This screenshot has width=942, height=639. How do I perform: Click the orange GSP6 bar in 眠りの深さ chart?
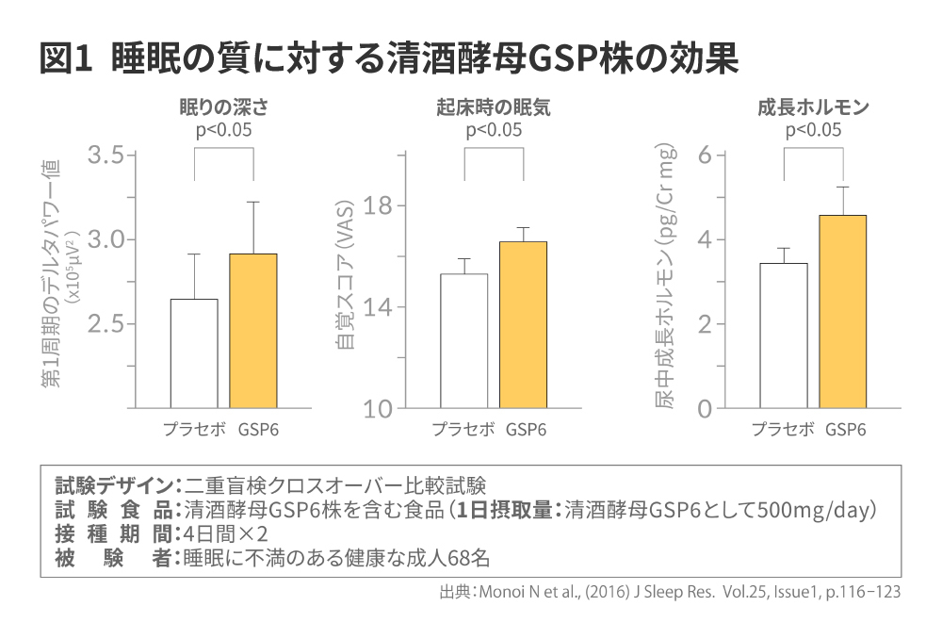[253, 331]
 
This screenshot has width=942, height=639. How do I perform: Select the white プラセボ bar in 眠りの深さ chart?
[194, 353]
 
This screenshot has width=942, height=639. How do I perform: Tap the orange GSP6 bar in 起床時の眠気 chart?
[523, 325]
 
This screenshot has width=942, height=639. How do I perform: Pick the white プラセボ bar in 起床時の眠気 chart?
[464, 341]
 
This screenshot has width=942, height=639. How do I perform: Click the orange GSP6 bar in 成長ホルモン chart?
[842, 312]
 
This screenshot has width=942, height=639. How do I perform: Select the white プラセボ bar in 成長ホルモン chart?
[784, 336]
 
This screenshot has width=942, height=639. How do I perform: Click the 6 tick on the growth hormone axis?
[704, 156]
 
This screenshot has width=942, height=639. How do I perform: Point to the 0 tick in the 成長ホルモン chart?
[704, 409]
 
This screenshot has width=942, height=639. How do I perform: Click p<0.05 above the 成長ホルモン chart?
[813, 130]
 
